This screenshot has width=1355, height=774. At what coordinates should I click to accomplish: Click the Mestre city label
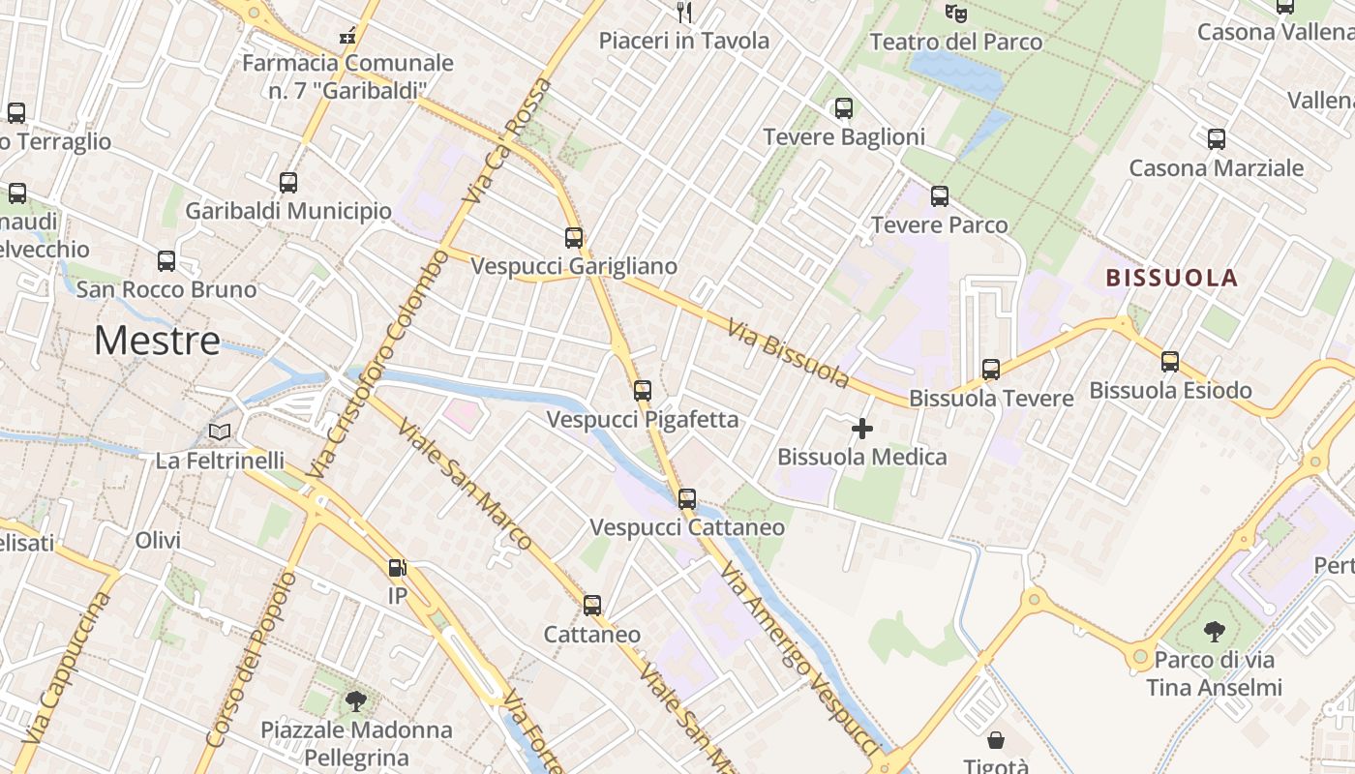(x=158, y=341)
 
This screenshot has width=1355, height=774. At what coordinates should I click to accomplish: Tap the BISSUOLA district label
(x=1171, y=279)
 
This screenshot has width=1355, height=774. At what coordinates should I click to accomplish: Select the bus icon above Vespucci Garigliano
(x=574, y=237)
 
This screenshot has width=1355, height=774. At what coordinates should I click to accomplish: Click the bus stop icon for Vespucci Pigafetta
(x=643, y=391)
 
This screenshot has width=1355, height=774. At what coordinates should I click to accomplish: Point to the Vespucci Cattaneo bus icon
(x=687, y=499)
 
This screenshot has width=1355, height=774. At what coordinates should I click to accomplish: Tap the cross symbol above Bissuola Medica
(x=862, y=429)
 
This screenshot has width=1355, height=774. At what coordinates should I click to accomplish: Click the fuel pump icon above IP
(x=397, y=568)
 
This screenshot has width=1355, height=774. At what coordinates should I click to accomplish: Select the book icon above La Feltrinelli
(x=221, y=432)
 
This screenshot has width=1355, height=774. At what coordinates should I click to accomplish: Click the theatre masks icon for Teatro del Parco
(x=956, y=14)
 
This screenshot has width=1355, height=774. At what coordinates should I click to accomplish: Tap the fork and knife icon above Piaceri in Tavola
(x=684, y=13)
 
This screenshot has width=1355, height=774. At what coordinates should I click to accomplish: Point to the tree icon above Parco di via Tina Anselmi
(x=1214, y=632)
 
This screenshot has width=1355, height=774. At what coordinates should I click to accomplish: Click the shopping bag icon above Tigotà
(x=996, y=741)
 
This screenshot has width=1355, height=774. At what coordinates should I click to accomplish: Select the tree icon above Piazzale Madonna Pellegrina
(x=356, y=700)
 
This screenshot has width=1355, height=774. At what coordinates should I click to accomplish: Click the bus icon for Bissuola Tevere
(x=991, y=370)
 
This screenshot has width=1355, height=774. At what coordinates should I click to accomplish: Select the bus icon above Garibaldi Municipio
(x=288, y=183)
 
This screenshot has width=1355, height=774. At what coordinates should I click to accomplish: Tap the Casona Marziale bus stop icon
(x=1217, y=139)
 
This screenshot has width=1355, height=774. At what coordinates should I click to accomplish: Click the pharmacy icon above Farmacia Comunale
(x=347, y=37)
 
